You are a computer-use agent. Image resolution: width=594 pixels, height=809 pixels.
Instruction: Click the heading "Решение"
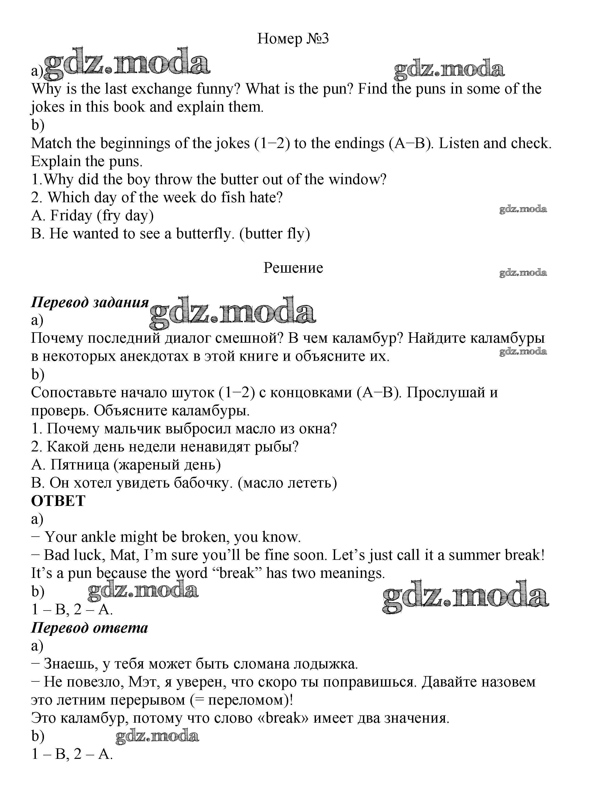[293, 268]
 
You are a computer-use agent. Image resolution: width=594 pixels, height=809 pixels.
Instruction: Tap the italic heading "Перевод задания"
[90, 302]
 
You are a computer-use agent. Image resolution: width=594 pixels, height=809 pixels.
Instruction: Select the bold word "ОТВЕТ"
[58, 501]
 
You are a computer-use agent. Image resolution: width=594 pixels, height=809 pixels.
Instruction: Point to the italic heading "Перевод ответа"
[90, 628]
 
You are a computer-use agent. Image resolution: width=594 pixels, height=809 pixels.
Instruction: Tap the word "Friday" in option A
[71, 215]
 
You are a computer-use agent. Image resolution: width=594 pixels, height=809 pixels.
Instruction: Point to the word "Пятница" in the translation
[80, 465]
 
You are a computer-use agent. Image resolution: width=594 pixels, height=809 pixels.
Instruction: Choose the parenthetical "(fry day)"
[125, 215]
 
